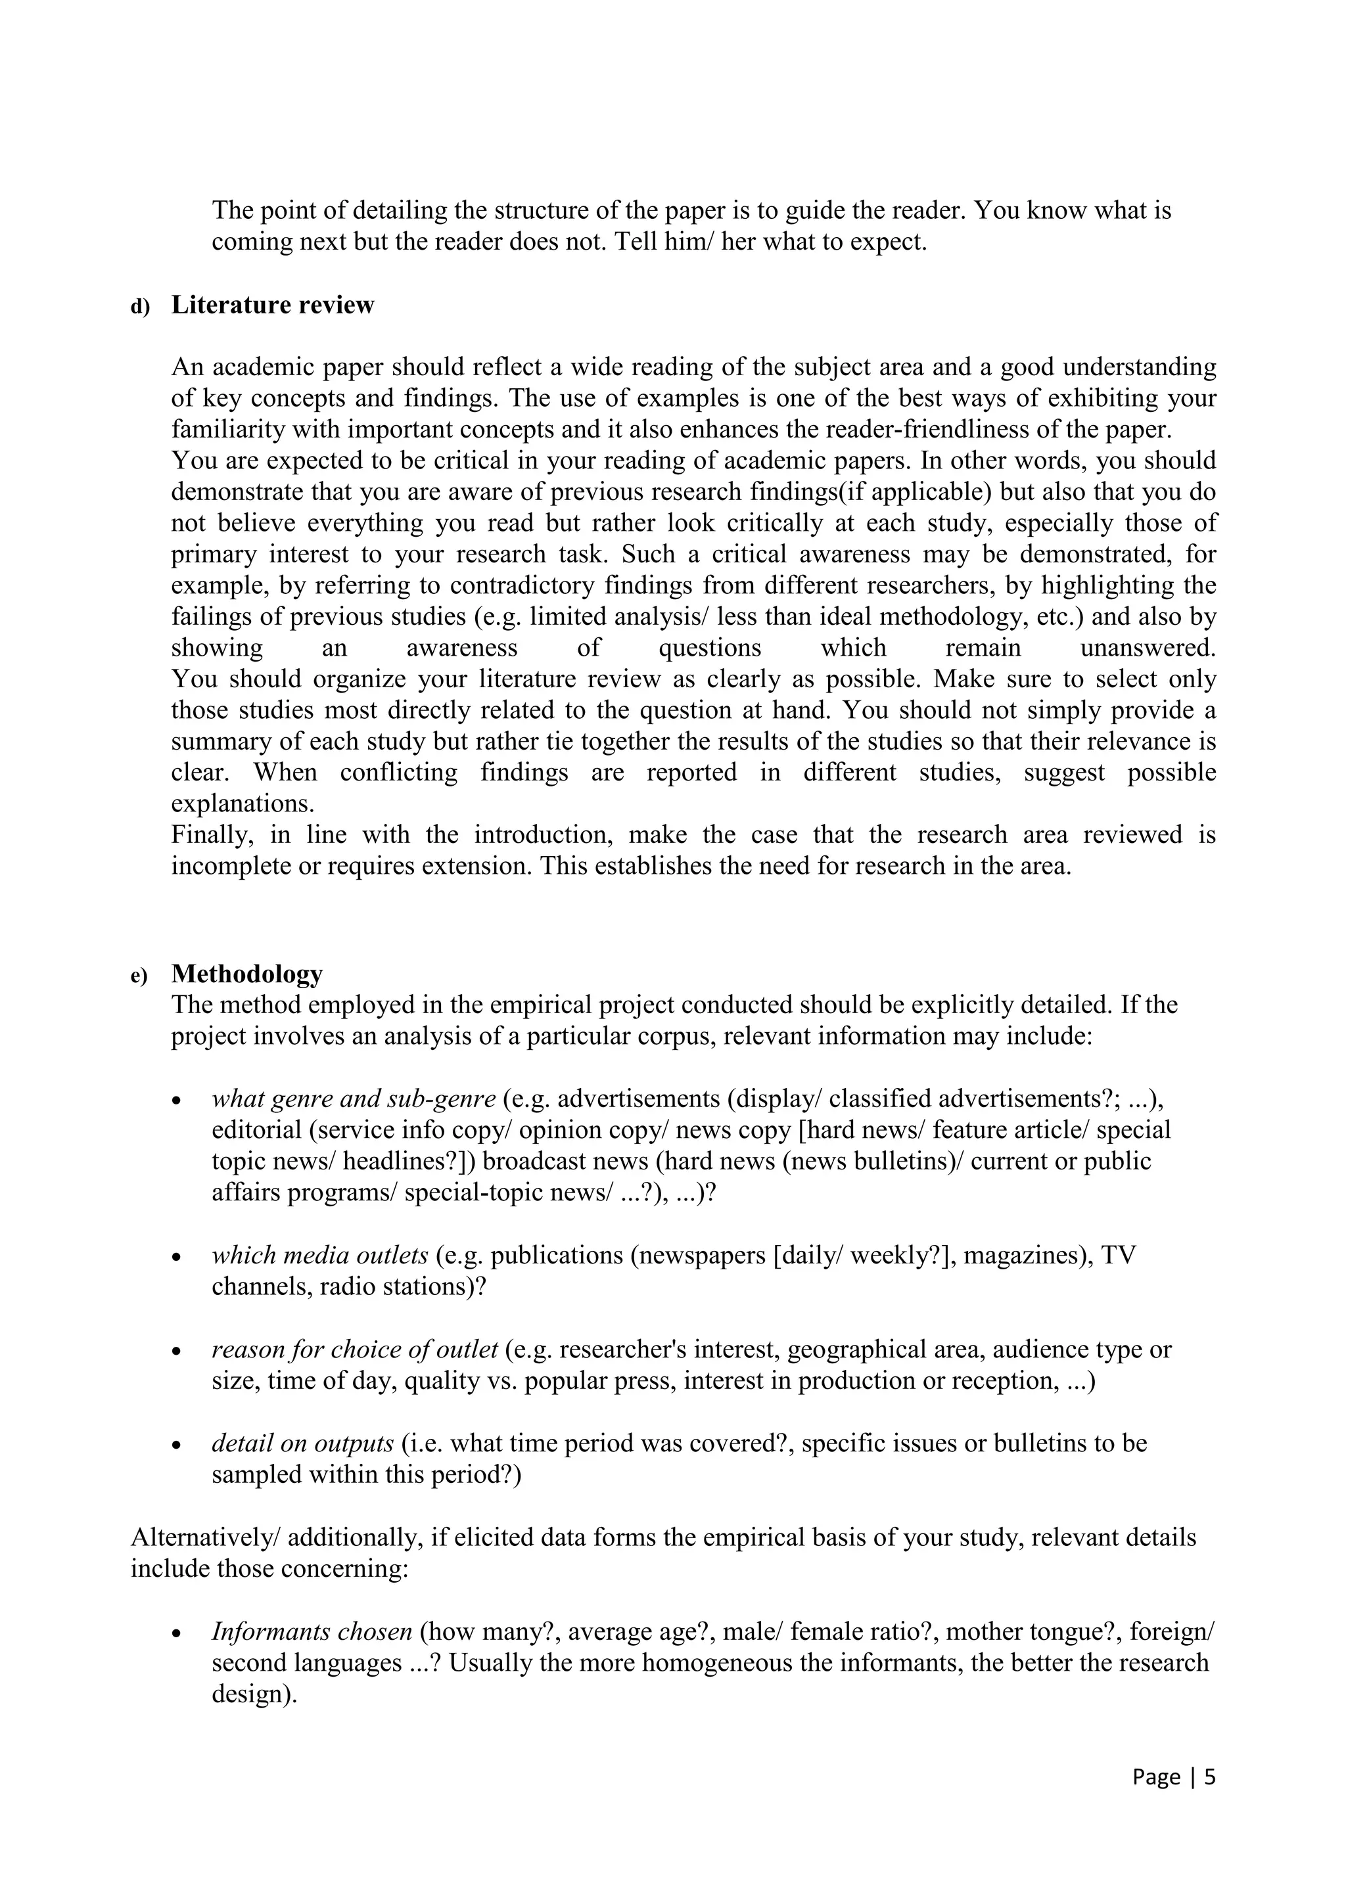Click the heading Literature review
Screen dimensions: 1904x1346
coord(272,305)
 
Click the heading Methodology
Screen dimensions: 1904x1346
coord(247,974)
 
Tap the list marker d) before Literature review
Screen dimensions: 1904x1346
coord(140,307)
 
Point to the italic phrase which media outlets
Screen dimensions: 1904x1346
coord(319,1256)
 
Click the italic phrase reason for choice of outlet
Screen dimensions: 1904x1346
coord(355,1350)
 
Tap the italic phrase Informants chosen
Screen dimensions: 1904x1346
coord(312,1632)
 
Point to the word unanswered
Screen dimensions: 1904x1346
coord(1148,648)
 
